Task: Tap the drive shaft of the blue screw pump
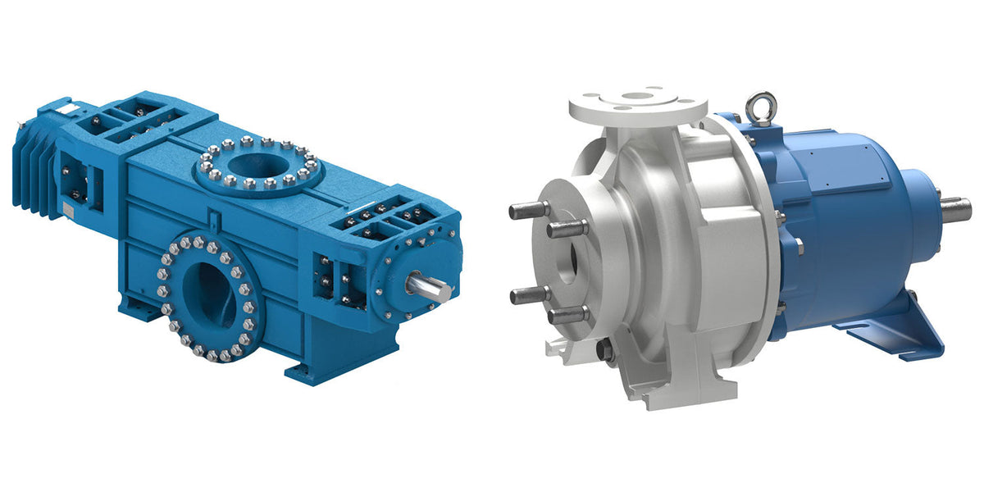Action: tap(431, 286)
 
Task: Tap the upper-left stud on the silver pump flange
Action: tap(526, 211)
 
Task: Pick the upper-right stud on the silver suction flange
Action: tap(566, 229)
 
